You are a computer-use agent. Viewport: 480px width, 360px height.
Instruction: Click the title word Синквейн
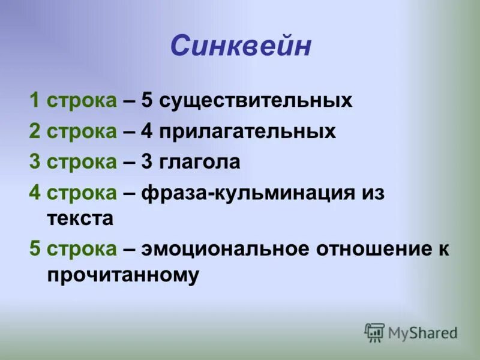241,46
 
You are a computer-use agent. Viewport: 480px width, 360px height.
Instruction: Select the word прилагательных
248,131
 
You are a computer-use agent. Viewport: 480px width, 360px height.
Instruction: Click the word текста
80,218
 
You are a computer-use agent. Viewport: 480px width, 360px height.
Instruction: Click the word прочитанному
122,275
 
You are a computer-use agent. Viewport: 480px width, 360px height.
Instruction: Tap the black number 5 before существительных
147,100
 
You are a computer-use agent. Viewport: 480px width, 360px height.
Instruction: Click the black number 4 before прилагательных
147,131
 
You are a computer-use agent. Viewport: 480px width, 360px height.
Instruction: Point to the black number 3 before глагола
147,162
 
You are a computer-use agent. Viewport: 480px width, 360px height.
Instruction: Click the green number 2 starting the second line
34,131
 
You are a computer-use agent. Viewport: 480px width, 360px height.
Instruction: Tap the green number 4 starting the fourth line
34,193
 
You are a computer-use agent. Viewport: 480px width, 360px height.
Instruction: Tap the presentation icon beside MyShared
374,332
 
